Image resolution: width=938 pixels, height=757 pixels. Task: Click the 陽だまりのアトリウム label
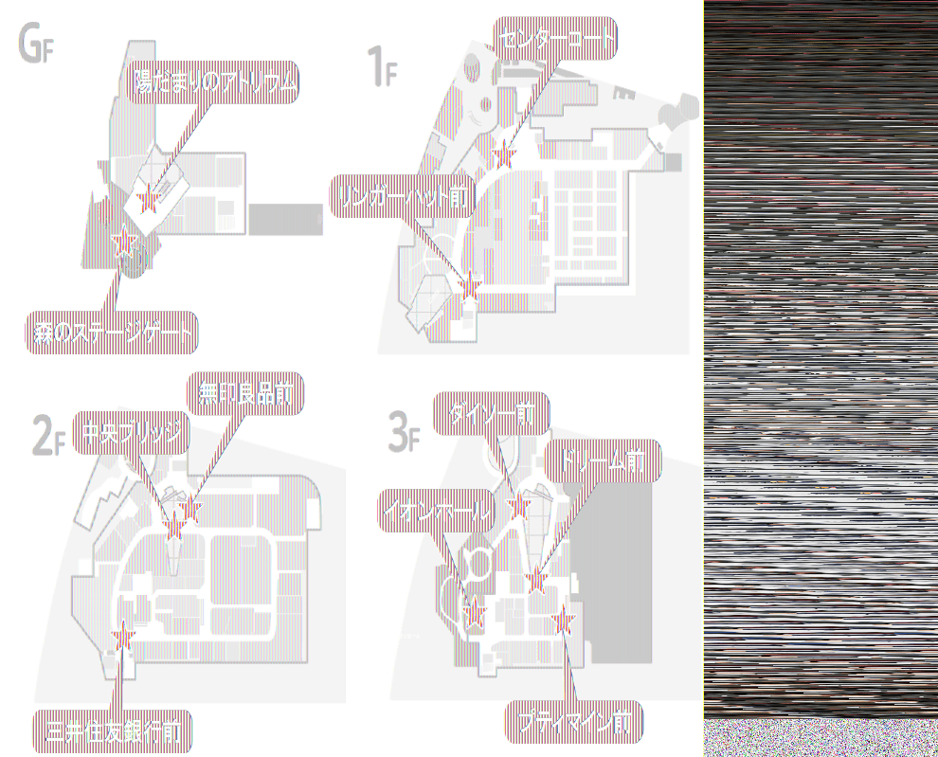click(x=215, y=84)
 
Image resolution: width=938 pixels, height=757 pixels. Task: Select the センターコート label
click(x=555, y=39)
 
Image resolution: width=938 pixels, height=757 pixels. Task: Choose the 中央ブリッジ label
click(x=131, y=434)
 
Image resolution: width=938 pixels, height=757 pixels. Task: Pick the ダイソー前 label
click(x=491, y=414)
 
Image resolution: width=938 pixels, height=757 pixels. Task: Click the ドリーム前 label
click(x=603, y=461)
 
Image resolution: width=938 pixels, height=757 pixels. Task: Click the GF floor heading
click(x=34, y=44)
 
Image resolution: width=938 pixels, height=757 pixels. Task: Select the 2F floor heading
click(x=48, y=437)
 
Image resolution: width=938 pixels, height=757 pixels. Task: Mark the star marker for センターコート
click(x=504, y=153)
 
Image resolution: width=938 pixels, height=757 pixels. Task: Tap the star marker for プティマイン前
click(x=565, y=621)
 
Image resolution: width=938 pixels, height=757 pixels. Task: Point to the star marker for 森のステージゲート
click(x=121, y=244)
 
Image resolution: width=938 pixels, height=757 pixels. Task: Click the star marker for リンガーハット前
click(x=468, y=282)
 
